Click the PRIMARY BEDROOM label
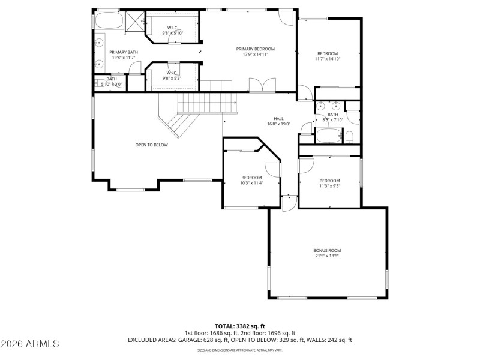255,49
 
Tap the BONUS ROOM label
326,250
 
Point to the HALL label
278,119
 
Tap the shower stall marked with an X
134,20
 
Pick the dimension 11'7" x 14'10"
327,59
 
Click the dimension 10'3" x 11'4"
251,183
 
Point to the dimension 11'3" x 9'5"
329,186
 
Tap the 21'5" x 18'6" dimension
326,256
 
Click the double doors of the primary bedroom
262,85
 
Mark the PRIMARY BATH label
124,52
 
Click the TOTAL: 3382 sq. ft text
239,326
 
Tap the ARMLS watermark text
30,344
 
